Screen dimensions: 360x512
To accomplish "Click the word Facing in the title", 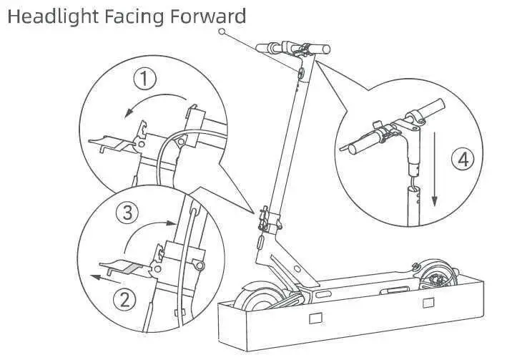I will pos(129,16).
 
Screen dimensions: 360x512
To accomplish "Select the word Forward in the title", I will pos(208,16).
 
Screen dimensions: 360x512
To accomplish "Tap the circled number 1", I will pos(146,79).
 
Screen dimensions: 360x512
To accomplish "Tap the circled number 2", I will pos(125,300).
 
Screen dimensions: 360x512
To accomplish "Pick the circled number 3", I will pos(127,213).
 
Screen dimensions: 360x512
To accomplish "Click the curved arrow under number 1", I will pos(153,101).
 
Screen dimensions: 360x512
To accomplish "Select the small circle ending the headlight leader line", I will pos(222,32).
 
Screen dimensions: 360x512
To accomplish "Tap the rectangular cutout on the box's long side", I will pos(315,316).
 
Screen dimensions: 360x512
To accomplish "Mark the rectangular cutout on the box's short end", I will pos(428,303).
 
